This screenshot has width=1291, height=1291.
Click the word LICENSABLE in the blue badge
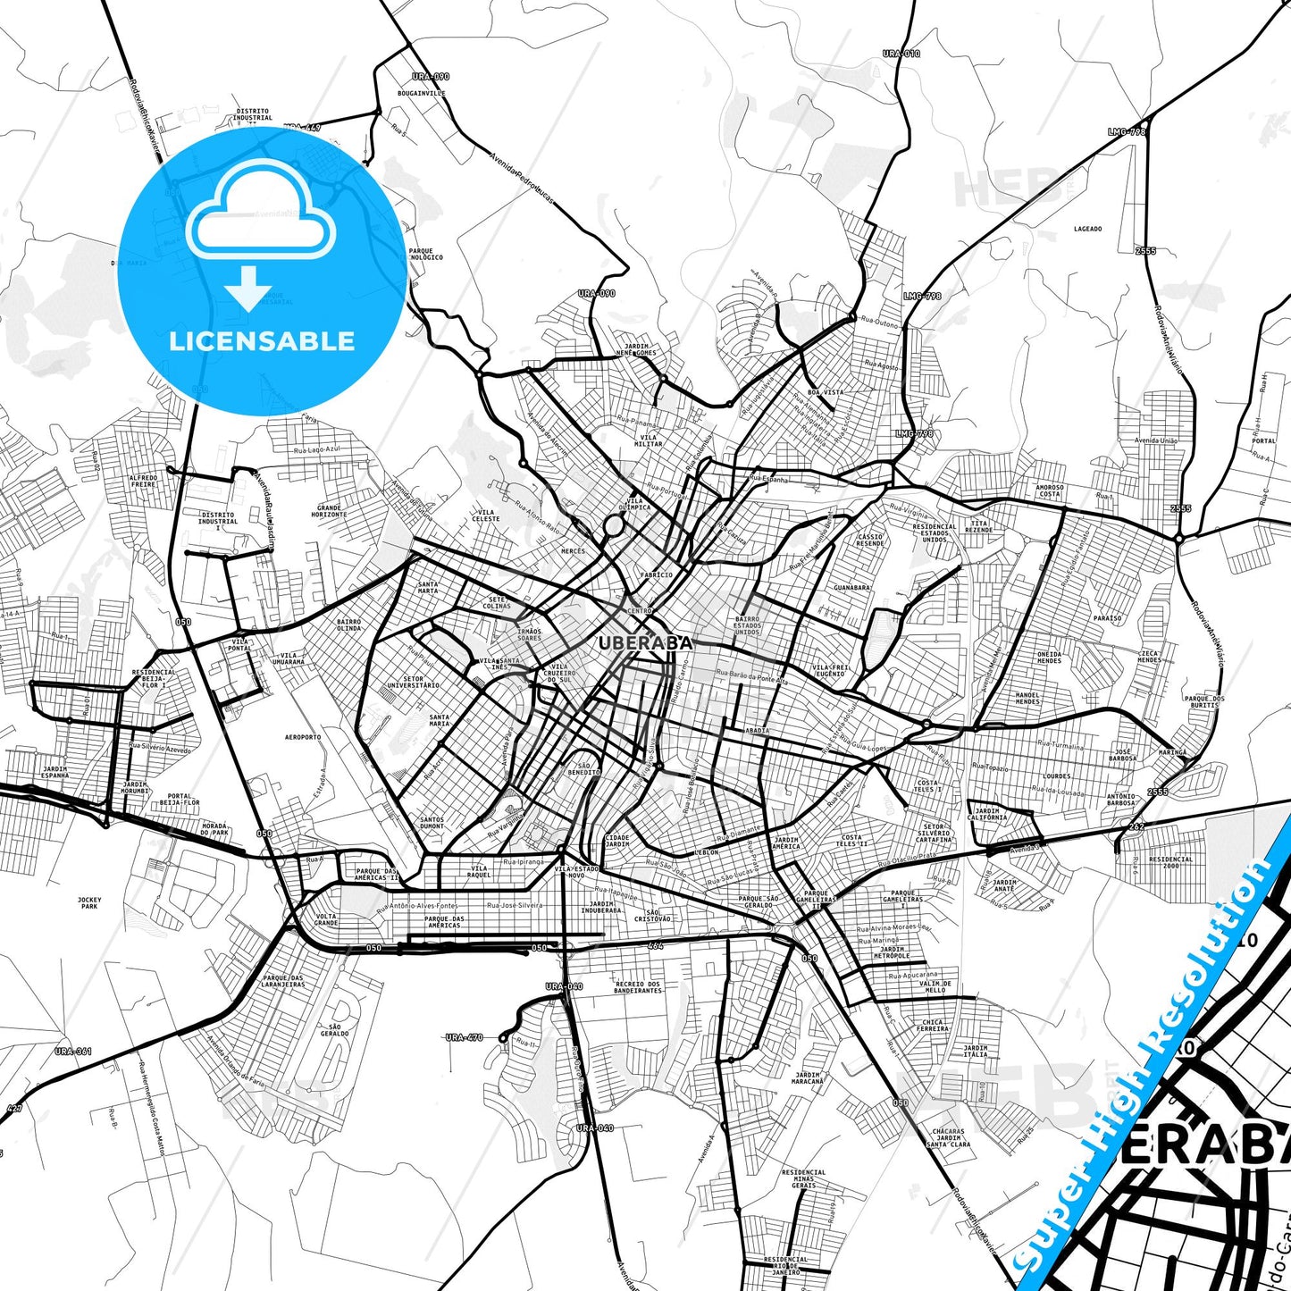[x=262, y=341]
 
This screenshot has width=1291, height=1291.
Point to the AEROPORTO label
[x=303, y=737]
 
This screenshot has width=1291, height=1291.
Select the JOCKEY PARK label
[x=89, y=903]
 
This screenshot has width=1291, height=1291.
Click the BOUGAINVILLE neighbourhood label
[x=422, y=93]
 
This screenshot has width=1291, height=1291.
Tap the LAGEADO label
[x=1087, y=229]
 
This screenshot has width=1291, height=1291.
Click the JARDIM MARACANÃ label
[x=808, y=1078]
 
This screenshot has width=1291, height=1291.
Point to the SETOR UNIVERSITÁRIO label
[x=413, y=682]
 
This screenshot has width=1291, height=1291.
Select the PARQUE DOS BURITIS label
[x=1204, y=701]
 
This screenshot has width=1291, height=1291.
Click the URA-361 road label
[x=73, y=1052]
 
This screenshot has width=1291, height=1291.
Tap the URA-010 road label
[x=901, y=54]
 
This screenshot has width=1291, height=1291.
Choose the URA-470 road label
[x=464, y=1037]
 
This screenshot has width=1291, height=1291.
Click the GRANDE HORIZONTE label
[x=329, y=511]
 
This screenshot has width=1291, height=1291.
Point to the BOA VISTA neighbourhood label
[x=825, y=392]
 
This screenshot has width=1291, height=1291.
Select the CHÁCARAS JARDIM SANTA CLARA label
[x=948, y=1137]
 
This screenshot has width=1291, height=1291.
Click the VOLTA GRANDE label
[x=326, y=919]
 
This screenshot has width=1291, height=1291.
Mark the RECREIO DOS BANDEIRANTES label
[x=638, y=987]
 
